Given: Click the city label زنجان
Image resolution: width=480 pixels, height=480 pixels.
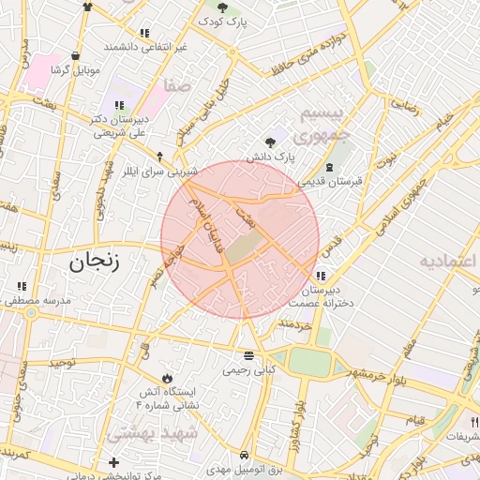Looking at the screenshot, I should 95,263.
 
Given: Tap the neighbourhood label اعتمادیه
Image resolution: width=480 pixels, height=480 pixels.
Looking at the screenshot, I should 449,261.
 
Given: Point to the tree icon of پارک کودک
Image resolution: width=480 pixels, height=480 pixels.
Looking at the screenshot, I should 222,7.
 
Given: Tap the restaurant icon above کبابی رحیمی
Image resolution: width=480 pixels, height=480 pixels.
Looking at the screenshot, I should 248,355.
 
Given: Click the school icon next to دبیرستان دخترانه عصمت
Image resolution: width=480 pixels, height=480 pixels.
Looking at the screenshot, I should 322,276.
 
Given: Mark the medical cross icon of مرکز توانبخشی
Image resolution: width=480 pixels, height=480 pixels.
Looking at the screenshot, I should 114,462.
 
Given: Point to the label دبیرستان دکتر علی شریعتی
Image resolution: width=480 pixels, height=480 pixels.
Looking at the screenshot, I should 120,126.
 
